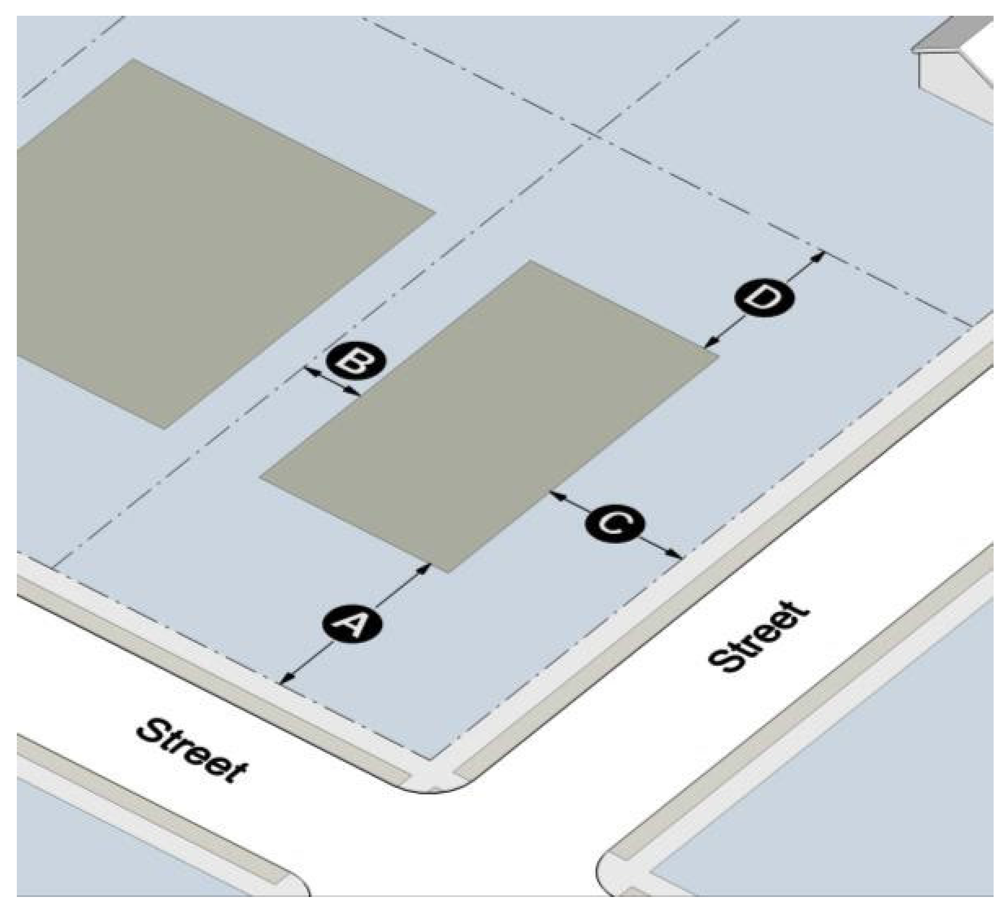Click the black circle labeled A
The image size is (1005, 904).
pyautogui.click(x=353, y=624)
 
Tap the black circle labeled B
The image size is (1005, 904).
pyautogui.click(x=355, y=361)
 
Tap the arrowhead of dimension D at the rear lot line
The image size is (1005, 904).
pyautogui.click(x=819, y=255)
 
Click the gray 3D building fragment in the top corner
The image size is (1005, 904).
pyautogui.click(x=955, y=65)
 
